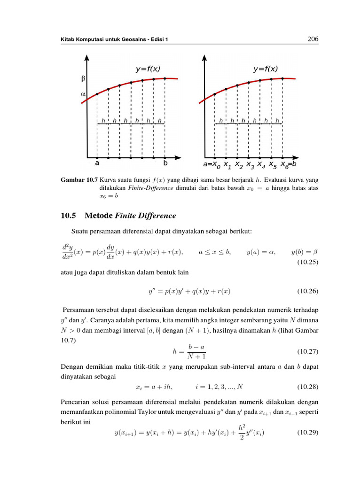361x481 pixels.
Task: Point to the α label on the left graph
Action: coord(83,94)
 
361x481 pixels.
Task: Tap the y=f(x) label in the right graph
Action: coord(265,69)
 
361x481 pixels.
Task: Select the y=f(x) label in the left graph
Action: coord(148,69)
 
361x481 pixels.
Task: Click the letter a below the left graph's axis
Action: coord(97,163)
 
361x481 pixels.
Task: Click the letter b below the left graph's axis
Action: coord(165,163)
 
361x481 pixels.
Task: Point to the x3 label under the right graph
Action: coord(250,165)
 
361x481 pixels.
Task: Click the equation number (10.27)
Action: coord(307,351)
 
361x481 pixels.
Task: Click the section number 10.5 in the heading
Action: coord(70,216)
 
